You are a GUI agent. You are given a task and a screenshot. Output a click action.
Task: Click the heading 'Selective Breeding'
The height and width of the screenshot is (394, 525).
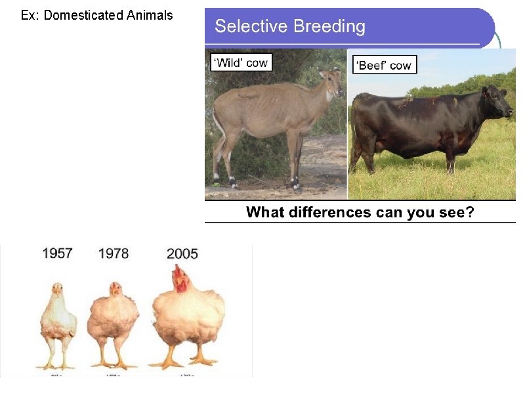click(x=290, y=26)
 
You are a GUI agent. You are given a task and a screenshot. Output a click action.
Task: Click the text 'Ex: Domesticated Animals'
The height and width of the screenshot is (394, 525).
click(x=97, y=15)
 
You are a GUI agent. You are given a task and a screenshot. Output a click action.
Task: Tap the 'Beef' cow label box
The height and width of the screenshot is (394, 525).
click(x=385, y=65)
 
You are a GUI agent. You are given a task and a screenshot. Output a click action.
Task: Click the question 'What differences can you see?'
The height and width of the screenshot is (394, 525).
click(x=360, y=212)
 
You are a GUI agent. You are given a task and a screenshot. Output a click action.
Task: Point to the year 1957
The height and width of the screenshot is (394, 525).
click(x=57, y=253)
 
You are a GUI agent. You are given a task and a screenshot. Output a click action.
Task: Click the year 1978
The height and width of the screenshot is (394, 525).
click(x=114, y=253)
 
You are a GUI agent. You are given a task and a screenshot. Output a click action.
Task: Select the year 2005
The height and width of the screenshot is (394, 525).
click(x=182, y=253)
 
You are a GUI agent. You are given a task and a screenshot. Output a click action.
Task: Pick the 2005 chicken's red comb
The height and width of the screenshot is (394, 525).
click(x=178, y=273)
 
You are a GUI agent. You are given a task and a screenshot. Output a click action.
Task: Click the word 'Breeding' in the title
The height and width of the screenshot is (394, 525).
click(x=329, y=26)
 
